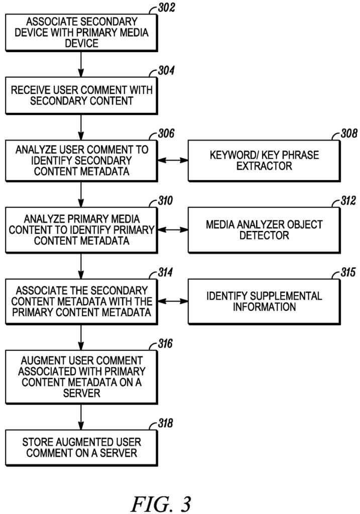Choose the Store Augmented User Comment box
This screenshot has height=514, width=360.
click(x=81, y=447)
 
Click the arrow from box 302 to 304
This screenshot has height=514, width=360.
click(x=81, y=64)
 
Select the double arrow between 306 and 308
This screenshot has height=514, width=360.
click(x=172, y=160)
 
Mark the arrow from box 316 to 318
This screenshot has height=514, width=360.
click(x=81, y=416)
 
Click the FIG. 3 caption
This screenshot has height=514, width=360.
click(x=161, y=503)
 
